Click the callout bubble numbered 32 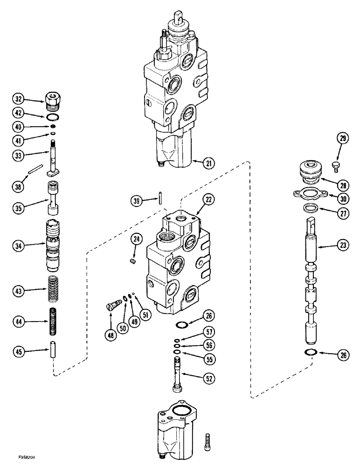tap(18, 99)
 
